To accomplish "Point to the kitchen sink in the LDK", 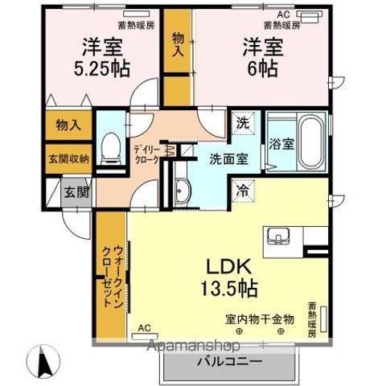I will point(280,236).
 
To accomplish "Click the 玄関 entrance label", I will point(76,192).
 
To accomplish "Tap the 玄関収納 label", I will point(68,158).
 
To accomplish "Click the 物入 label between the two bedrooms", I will point(178,43).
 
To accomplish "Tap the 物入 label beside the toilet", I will point(68,125).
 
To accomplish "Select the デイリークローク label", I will point(146,154).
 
